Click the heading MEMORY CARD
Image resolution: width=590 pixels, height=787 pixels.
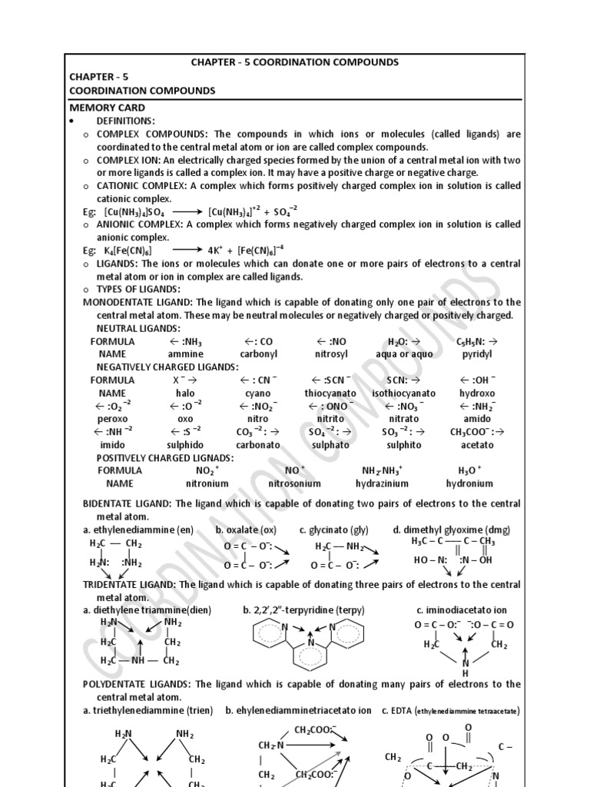(x=108, y=108)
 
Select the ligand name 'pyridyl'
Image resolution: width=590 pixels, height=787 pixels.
(x=477, y=354)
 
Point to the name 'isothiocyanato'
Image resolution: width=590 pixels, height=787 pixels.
(x=403, y=393)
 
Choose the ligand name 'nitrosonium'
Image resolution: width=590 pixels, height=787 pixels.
(x=295, y=483)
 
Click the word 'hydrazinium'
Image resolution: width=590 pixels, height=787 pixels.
(x=382, y=483)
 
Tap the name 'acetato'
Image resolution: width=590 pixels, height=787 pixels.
(x=477, y=444)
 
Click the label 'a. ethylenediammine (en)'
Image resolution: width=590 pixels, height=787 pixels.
(x=138, y=530)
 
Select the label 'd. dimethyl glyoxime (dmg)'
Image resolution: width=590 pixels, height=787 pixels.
(x=451, y=530)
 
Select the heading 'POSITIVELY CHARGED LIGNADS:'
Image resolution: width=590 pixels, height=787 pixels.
(x=165, y=457)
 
